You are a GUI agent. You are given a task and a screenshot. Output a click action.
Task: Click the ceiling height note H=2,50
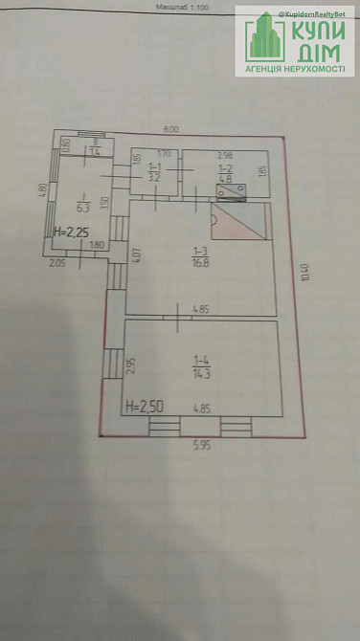(143, 405)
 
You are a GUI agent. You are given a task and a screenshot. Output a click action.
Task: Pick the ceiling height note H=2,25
(69, 232)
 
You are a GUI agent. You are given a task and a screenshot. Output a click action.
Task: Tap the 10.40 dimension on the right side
(304, 273)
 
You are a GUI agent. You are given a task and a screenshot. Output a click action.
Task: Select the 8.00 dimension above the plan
(170, 127)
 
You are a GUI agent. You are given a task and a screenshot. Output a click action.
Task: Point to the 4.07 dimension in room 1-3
(137, 255)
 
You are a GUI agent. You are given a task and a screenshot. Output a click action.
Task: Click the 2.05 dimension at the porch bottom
(57, 262)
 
